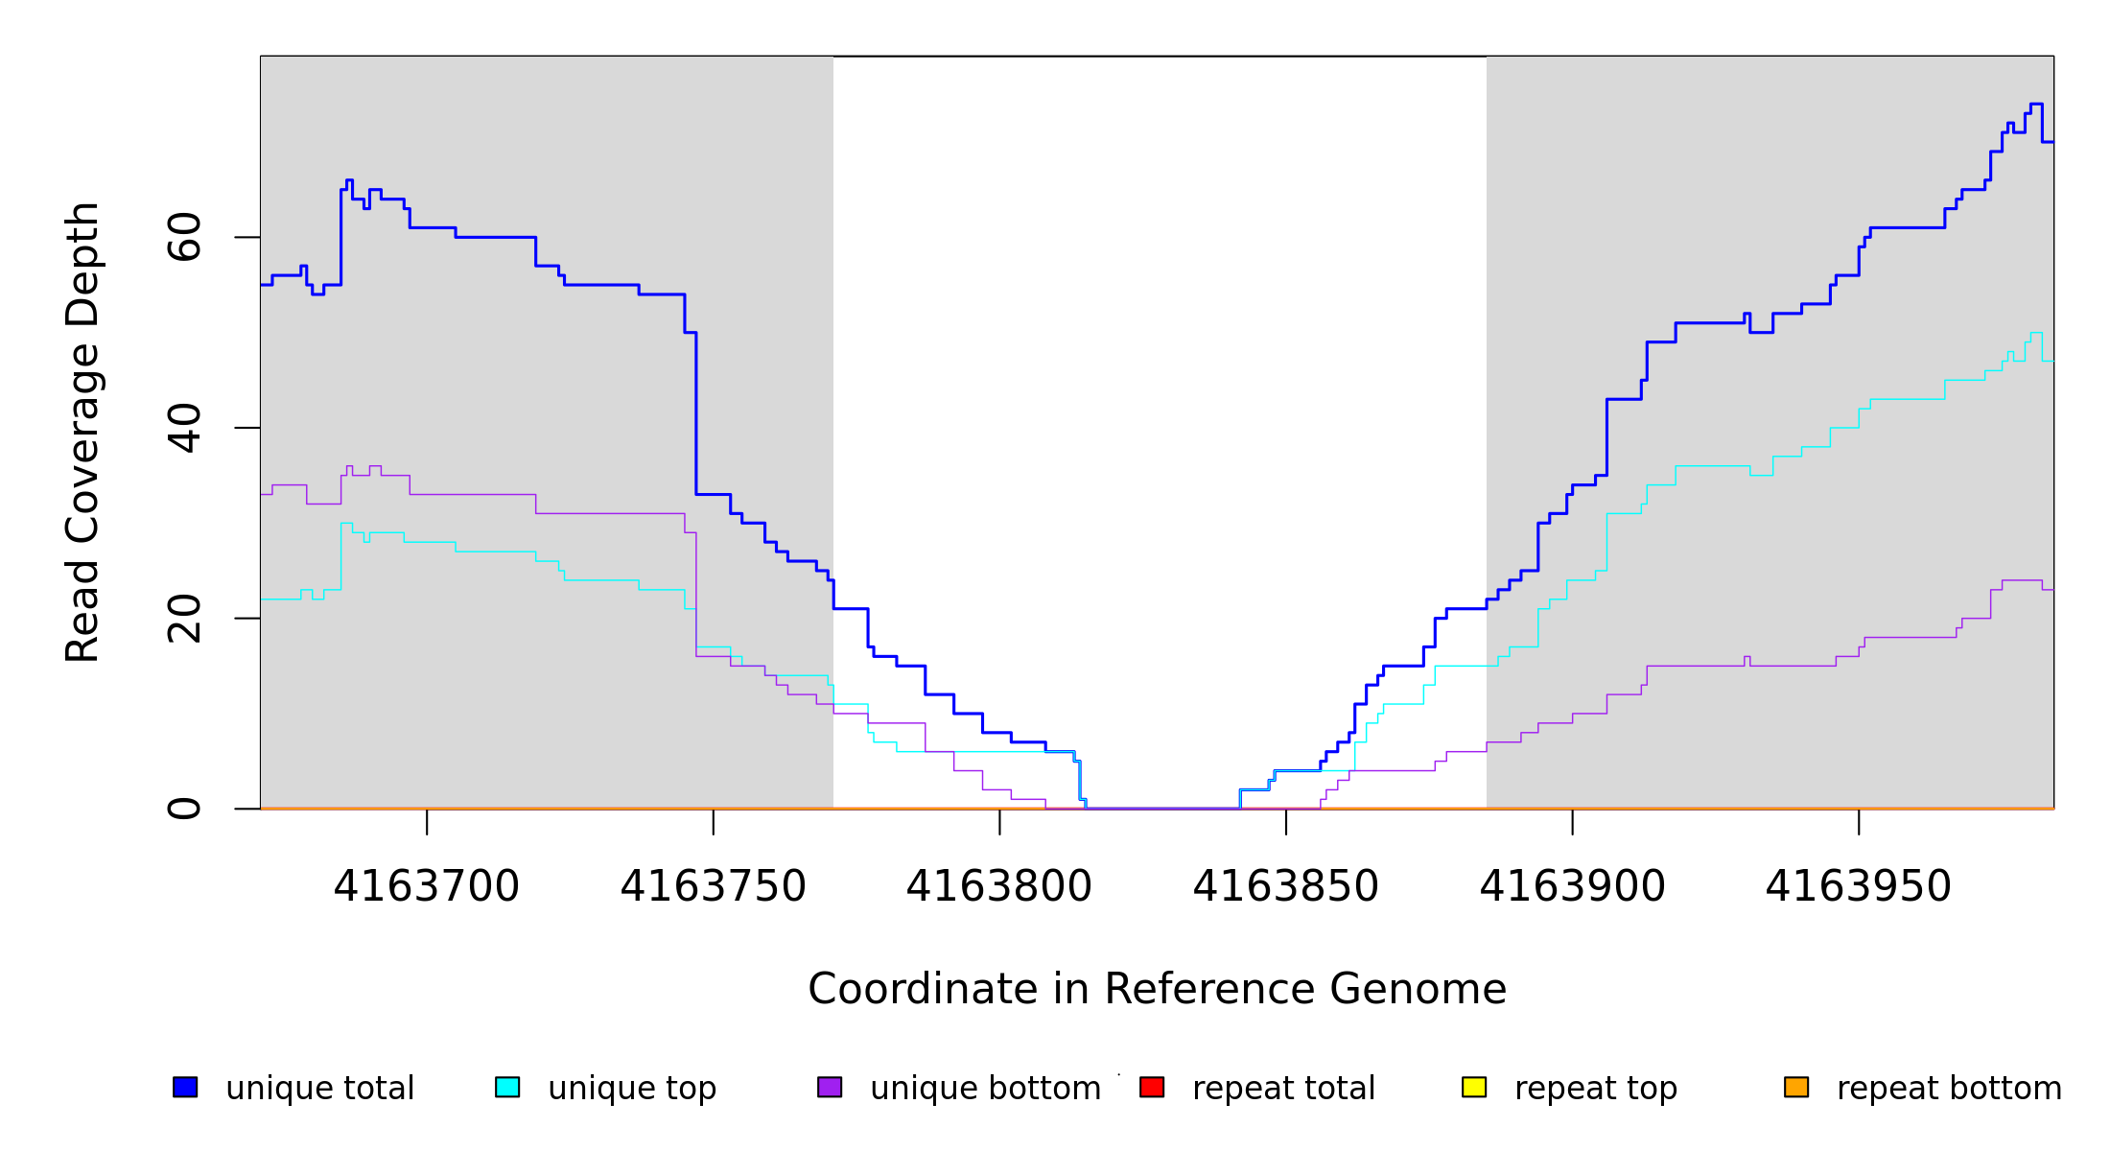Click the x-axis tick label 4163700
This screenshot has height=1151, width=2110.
click(x=427, y=886)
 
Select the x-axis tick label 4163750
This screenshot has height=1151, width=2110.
click(x=713, y=886)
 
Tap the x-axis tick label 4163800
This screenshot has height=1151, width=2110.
click(x=999, y=886)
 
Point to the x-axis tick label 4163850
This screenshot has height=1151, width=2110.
click(x=1285, y=886)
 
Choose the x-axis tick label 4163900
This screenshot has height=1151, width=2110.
click(x=1572, y=886)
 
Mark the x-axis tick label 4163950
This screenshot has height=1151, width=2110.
click(x=1858, y=886)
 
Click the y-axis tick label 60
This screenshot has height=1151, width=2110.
click(x=185, y=237)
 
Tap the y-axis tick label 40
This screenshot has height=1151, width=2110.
click(x=185, y=428)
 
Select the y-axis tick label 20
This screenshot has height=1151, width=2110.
click(x=185, y=619)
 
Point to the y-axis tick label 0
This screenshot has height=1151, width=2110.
click(x=185, y=809)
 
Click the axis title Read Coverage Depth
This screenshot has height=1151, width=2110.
click(x=82, y=432)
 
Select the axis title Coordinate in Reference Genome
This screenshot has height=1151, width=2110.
click(x=1157, y=989)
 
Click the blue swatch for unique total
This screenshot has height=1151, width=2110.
click(x=185, y=1087)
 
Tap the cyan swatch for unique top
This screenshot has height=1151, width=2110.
click(x=507, y=1087)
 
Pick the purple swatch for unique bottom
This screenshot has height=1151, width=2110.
click(x=830, y=1087)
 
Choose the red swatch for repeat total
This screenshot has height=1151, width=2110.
click(x=1152, y=1087)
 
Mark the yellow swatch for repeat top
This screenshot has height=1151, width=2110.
click(x=1474, y=1087)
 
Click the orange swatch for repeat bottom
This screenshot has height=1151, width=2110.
click(x=1796, y=1087)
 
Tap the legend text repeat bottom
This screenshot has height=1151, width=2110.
click(x=1949, y=1089)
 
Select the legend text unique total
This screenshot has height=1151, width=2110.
click(x=320, y=1089)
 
